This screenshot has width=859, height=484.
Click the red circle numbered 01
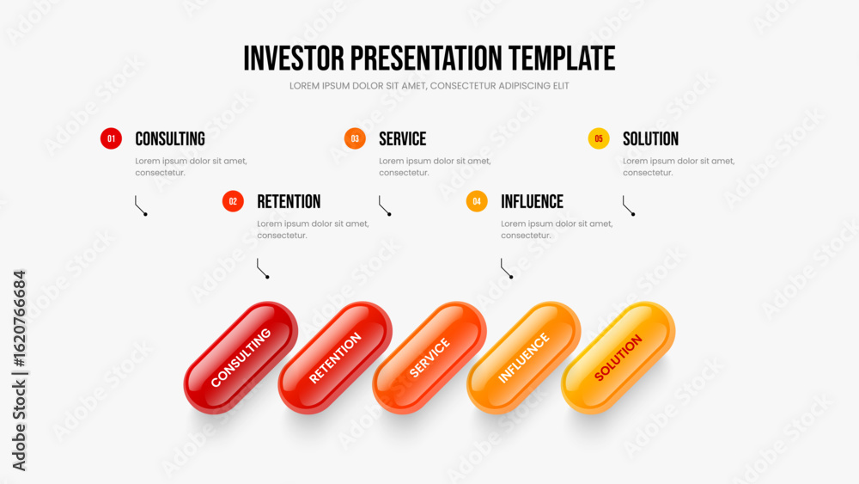[x=111, y=138]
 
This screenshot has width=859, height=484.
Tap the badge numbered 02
[x=233, y=201]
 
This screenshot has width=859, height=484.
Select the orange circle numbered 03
[x=355, y=138]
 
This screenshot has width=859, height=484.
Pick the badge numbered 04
[x=477, y=201]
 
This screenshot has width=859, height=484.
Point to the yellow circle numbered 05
[x=599, y=138]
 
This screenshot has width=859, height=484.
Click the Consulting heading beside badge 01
[x=170, y=139]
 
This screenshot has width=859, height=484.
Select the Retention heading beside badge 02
[x=289, y=202]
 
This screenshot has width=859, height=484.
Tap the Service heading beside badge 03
[x=403, y=139]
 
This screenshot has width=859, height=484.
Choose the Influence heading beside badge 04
[x=532, y=202]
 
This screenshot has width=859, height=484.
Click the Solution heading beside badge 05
[x=651, y=139]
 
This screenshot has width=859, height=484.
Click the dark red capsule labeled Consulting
[x=241, y=358]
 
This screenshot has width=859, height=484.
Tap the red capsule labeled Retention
[x=335, y=358]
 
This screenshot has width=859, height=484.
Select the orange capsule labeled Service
[x=429, y=358]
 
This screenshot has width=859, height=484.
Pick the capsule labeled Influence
[x=524, y=358]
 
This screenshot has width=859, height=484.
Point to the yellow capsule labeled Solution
[x=618, y=358]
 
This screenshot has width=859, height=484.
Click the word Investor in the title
[x=294, y=58]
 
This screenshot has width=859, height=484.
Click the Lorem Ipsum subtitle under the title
[x=429, y=86]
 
